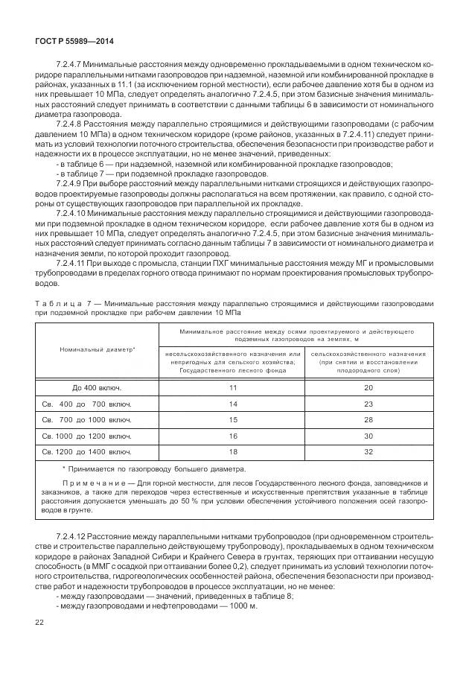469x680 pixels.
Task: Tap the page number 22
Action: click(39, 621)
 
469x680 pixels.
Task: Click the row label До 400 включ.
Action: click(97, 388)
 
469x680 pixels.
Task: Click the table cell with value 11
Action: click(232, 388)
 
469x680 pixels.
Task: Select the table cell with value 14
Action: click(232, 404)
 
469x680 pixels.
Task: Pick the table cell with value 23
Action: click(368, 404)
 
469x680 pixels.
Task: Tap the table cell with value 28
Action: click(368, 420)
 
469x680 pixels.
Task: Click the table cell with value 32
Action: click(368, 451)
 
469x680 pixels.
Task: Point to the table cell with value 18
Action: click(232, 451)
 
